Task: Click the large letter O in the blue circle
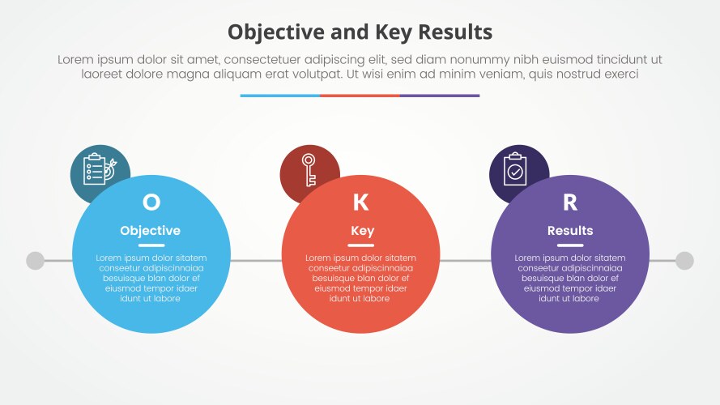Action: pyautogui.click(x=151, y=202)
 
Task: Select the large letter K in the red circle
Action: pyautogui.click(x=360, y=202)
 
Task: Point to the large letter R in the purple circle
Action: pyautogui.click(x=569, y=202)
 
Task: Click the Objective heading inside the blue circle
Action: pyautogui.click(x=151, y=231)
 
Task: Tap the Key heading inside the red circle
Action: pyautogui.click(x=362, y=231)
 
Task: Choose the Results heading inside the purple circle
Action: pyautogui.click(x=570, y=231)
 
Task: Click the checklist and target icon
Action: pyautogui.click(x=99, y=169)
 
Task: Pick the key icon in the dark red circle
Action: pyautogui.click(x=309, y=168)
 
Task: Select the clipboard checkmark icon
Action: pyautogui.click(x=515, y=168)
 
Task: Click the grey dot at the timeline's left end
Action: pyautogui.click(x=35, y=261)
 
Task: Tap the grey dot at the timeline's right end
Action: pyautogui.click(x=684, y=261)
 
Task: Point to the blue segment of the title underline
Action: pyautogui.click(x=279, y=96)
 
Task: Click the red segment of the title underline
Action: pyautogui.click(x=360, y=96)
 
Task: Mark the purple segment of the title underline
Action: pyautogui.click(x=439, y=96)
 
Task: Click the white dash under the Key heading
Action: pyautogui.click(x=360, y=245)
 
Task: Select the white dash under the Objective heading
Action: pyautogui.click(x=151, y=245)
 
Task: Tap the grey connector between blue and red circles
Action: pyautogui.click(x=255, y=261)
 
